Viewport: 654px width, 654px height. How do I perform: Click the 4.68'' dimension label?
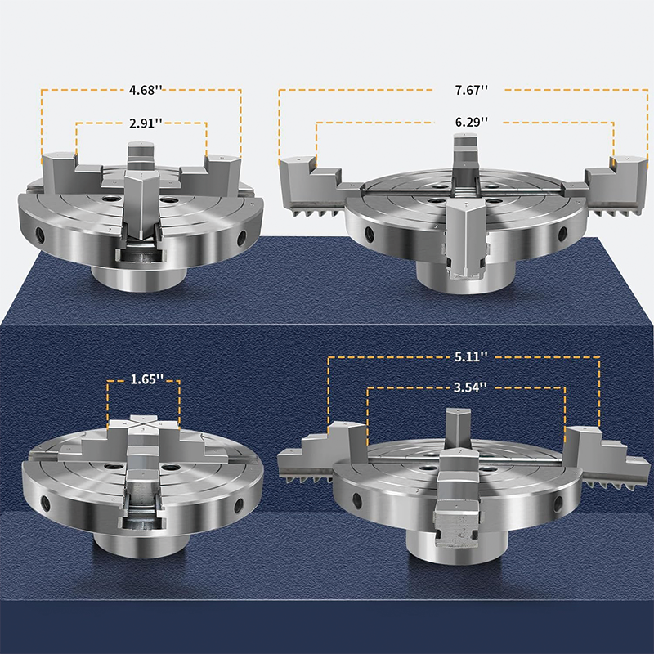click(146, 90)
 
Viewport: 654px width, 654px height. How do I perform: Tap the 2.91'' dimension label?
click(146, 123)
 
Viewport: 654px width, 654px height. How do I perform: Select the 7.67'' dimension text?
click(472, 90)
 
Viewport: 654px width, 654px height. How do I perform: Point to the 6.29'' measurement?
click(472, 122)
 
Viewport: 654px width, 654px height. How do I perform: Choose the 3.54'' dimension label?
click(470, 387)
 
